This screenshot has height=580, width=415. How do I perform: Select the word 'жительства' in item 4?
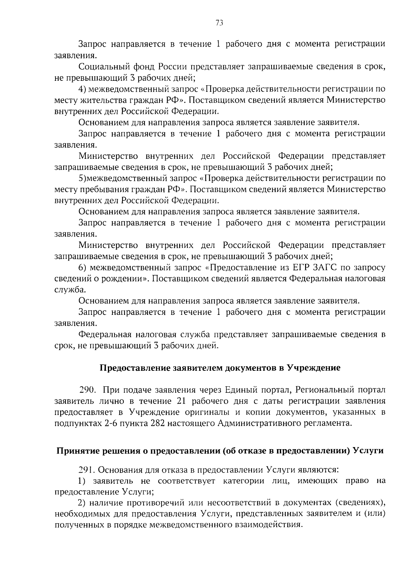coord(98,100)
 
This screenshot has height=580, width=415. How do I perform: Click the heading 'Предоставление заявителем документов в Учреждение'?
coord(220,368)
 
